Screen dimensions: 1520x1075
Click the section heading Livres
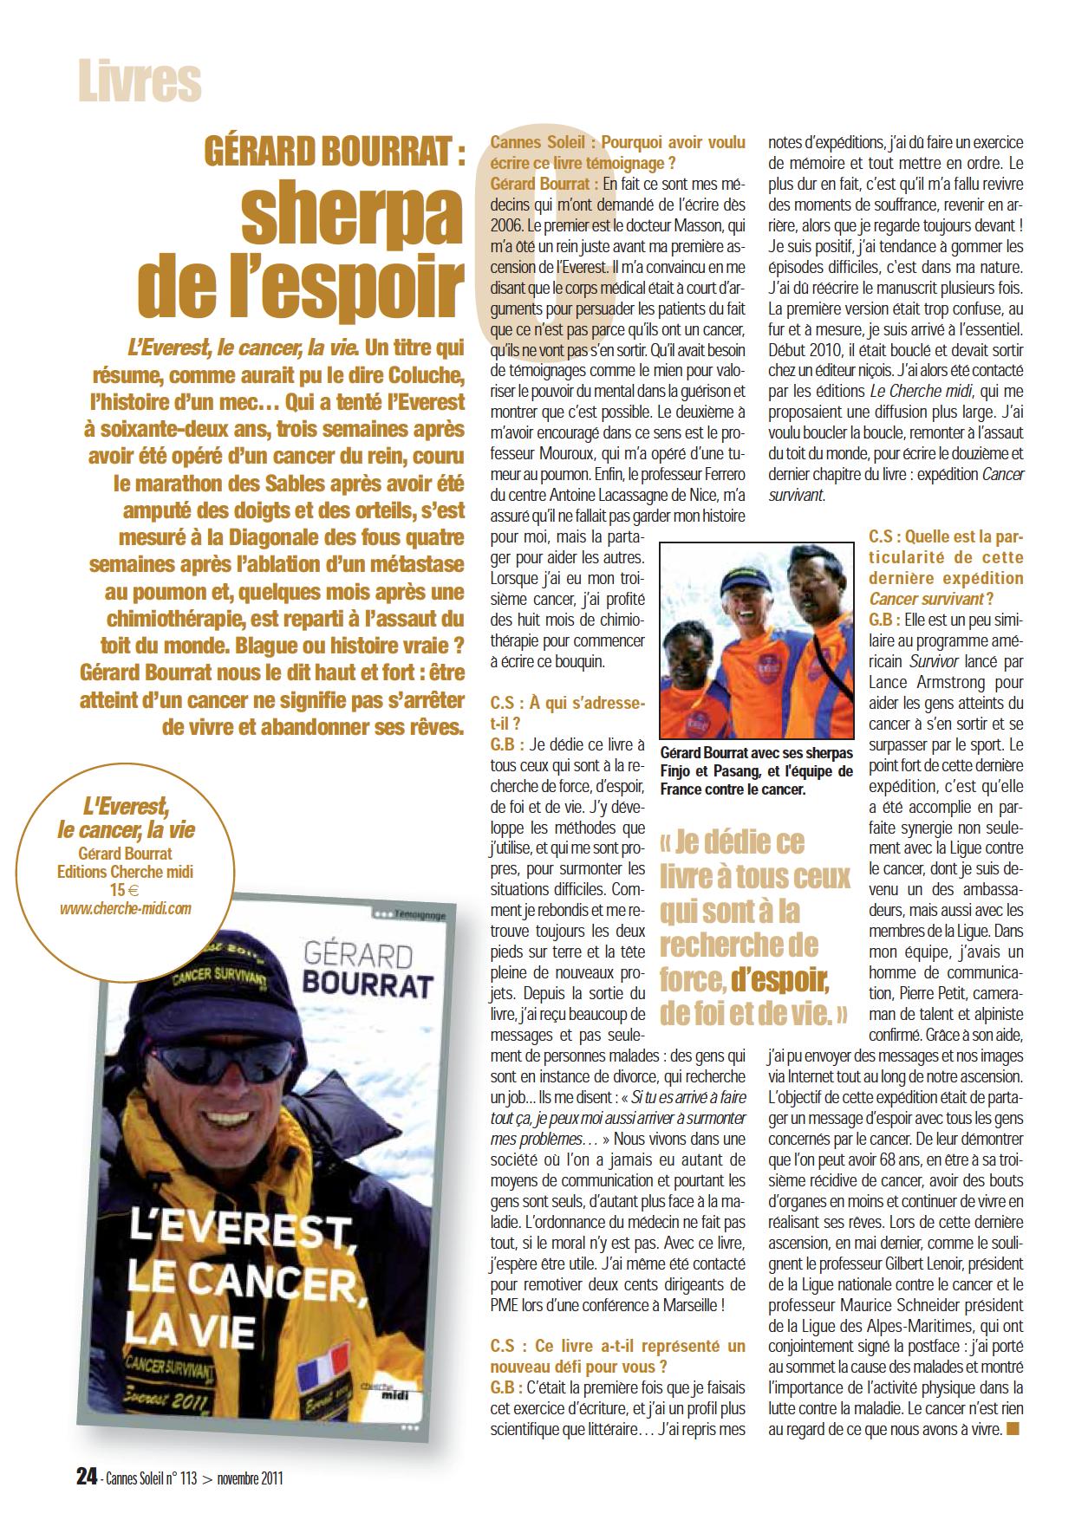tap(140, 82)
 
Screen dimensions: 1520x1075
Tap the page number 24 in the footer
tap(86, 1478)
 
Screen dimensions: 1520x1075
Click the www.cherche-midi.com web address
tap(126, 908)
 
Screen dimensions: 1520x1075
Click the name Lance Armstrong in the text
tap(945, 683)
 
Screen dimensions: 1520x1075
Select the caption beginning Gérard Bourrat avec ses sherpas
tap(756, 771)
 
